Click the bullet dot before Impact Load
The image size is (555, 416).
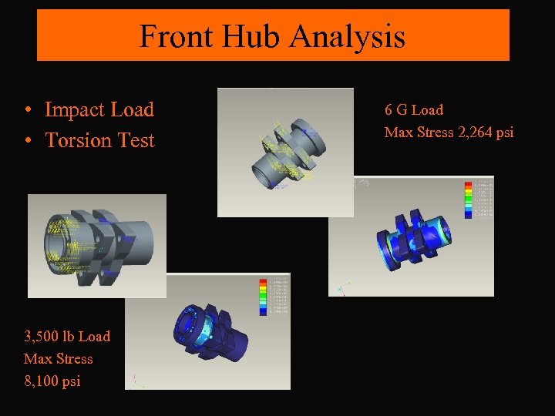[x=28, y=111]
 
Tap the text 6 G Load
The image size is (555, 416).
[x=414, y=110]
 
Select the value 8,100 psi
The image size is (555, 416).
[x=52, y=381]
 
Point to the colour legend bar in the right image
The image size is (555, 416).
[x=467, y=200]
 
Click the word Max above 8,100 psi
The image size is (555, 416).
[x=39, y=358]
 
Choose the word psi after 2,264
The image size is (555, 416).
[x=505, y=133]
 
